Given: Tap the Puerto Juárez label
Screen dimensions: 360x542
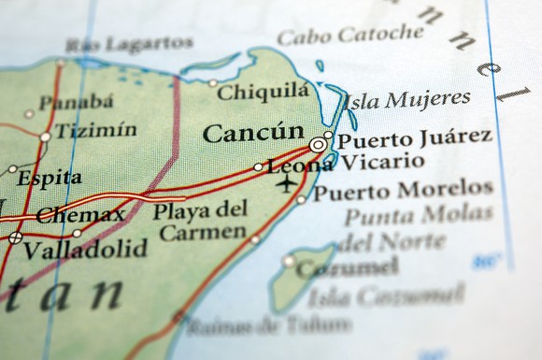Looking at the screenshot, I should (x=413, y=138).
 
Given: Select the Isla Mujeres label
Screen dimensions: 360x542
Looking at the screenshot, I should (x=406, y=98).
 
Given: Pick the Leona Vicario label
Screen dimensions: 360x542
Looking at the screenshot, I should (x=325, y=165).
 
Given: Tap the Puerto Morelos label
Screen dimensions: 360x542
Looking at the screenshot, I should (x=402, y=191).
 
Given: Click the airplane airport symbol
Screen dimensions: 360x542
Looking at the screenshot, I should (x=286, y=182).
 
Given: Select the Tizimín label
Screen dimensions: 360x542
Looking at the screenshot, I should (x=95, y=131).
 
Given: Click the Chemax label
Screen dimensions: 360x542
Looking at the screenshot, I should (x=80, y=215).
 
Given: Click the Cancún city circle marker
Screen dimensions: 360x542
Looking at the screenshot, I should (x=320, y=145).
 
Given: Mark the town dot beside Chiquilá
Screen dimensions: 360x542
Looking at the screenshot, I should (x=213, y=83).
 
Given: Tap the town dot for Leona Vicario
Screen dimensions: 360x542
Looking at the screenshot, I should (x=259, y=167).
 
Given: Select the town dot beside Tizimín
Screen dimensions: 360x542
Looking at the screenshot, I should (x=45, y=137).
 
